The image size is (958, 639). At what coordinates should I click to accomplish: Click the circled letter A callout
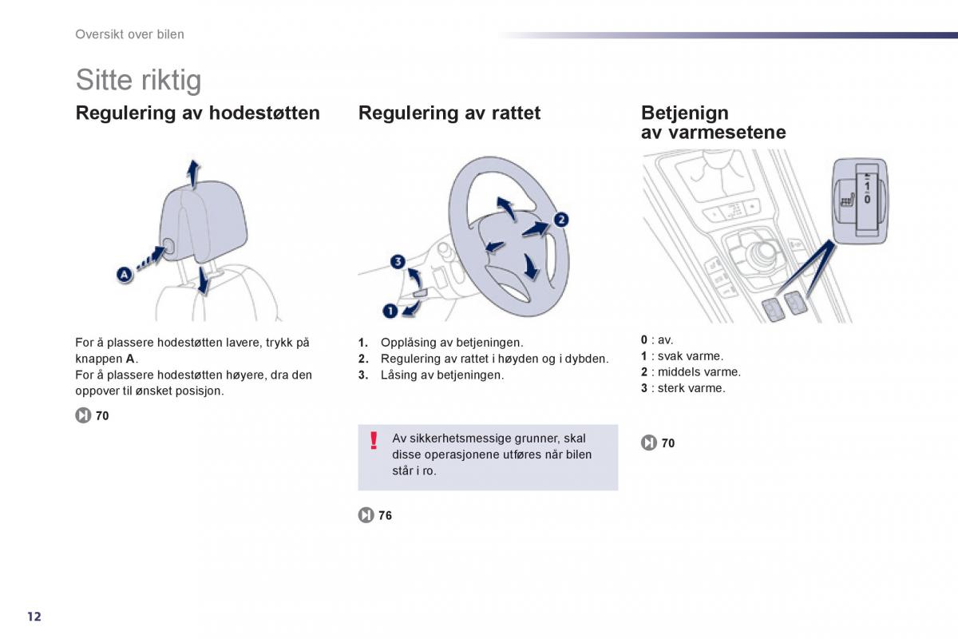[x=125, y=274]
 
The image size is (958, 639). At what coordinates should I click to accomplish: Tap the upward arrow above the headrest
[x=193, y=174]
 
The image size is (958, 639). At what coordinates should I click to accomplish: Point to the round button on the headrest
[x=168, y=246]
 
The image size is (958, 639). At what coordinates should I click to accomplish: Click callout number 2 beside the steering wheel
[x=561, y=220]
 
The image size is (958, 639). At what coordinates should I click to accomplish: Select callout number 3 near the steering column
[x=398, y=261]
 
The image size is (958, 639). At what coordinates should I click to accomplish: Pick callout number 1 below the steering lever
[x=390, y=311]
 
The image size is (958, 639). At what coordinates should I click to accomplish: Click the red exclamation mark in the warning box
[x=374, y=440]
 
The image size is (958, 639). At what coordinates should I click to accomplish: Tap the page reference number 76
[x=385, y=515]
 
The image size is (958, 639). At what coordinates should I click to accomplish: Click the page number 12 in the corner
[x=34, y=617]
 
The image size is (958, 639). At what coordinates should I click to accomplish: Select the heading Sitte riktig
[x=138, y=80]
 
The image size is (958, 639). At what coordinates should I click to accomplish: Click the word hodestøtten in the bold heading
[x=264, y=113]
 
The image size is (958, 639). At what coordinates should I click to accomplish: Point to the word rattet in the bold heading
[x=516, y=113]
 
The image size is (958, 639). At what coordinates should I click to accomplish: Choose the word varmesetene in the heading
[x=727, y=133]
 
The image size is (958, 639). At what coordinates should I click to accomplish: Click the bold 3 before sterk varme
[x=644, y=388]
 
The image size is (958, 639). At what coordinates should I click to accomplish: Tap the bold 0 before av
[x=644, y=339]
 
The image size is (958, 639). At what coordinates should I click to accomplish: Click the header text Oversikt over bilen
[x=129, y=34]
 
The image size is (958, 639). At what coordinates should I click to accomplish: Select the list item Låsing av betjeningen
[x=442, y=375]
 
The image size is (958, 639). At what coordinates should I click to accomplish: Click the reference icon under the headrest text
[x=83, y=415]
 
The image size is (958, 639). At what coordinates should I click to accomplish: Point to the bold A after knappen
[x=130, y=359]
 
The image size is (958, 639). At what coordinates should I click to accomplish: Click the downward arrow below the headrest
[x=204, y=280]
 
